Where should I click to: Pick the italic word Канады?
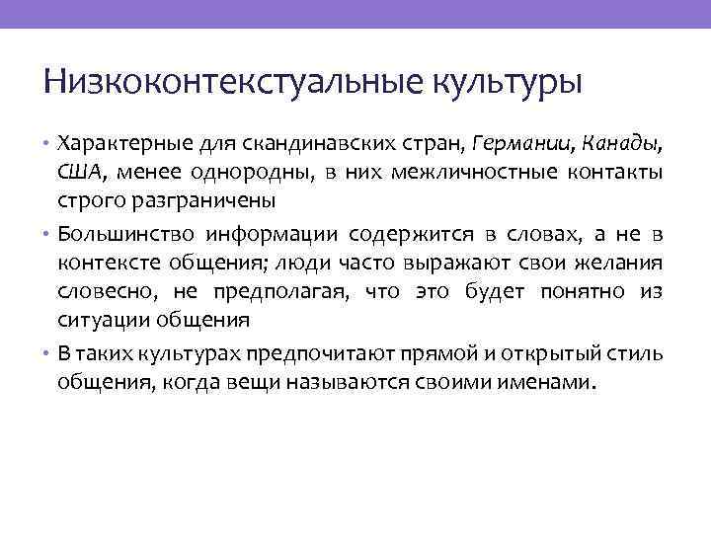tap(618, 144)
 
